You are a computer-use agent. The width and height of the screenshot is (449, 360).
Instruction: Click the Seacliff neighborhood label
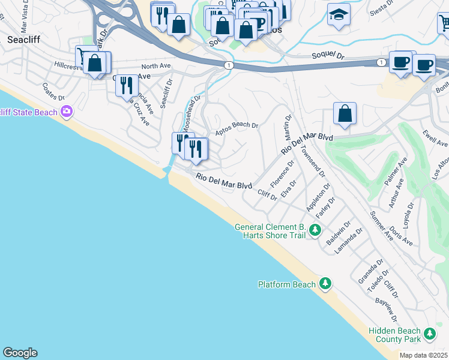[x=23, y=40]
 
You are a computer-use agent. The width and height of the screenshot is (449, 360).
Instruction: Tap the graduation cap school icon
[x=339, y=14]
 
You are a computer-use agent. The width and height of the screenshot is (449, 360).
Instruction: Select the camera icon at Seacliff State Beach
[x=66, y=111]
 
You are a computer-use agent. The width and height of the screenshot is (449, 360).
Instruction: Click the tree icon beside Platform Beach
[x=325, y=283]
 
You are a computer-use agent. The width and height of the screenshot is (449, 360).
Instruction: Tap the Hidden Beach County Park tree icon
[x=429, y=333]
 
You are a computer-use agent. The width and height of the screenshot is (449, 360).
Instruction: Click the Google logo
[x=20, y=352]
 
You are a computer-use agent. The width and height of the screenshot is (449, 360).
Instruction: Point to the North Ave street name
[x=153, y=67]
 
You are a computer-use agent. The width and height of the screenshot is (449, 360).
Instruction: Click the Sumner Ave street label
[x=381, y=226]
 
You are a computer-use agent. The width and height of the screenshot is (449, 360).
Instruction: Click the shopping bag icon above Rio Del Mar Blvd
[x=345, y=114]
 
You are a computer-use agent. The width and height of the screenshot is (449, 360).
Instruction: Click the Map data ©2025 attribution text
[x=423, y=355]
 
